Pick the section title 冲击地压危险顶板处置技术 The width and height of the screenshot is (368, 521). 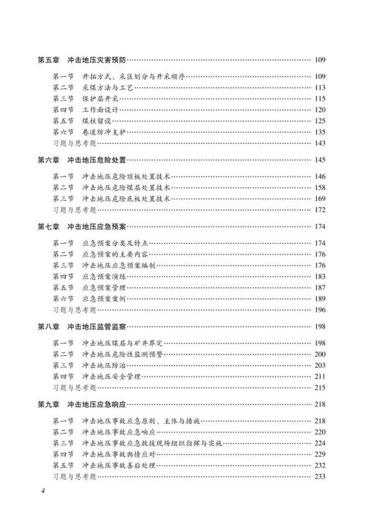[x=127, y=176]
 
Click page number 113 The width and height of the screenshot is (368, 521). [x=319, y=87]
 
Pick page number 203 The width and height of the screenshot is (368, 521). [x=319, y=364]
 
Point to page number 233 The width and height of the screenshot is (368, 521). [x=319, y=475]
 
